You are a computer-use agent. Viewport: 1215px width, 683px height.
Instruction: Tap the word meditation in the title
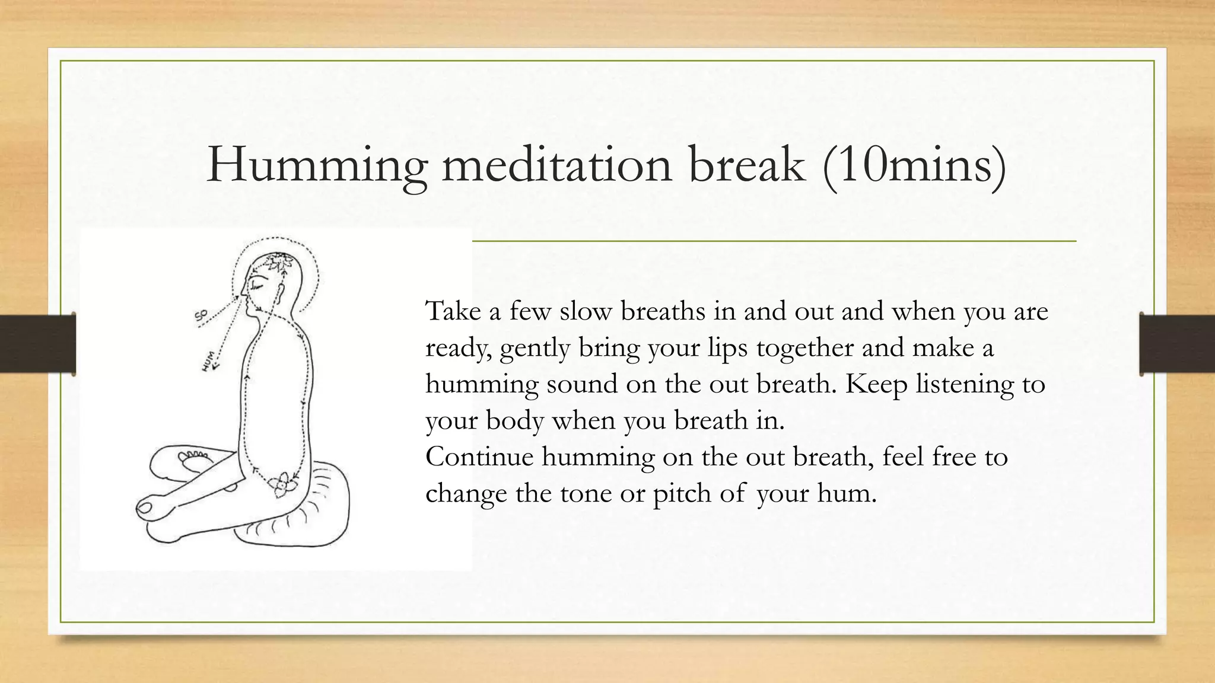(556, 164)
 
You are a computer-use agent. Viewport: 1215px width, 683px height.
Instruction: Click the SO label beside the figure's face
(201, 317)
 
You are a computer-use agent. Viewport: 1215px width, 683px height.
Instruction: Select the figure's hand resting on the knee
(147, 508)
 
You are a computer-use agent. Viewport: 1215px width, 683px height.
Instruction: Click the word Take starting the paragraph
(453, 311)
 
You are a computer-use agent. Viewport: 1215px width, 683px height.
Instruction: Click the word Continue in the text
(479, 457)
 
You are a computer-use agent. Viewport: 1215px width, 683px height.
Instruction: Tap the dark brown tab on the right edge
(1177, 344)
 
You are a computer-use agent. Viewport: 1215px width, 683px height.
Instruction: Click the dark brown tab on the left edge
(37, 344)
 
